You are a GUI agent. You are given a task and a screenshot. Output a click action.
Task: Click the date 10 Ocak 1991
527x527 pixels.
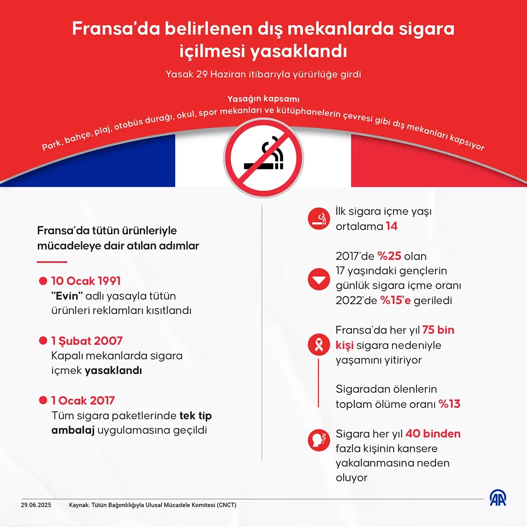point(86,281)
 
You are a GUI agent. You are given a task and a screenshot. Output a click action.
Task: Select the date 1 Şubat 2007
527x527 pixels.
point(87,341)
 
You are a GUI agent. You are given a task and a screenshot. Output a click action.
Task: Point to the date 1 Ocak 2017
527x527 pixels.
point(83,400)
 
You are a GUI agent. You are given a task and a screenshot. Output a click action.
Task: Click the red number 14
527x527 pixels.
point(391,226)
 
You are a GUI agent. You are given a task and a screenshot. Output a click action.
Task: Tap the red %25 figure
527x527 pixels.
point(389,256)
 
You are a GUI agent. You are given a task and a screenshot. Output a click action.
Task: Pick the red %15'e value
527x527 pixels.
point(395,300)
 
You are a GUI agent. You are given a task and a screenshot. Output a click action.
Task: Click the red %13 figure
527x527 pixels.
point(449,404)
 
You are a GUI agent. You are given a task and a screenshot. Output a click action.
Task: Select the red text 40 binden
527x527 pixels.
point(432,433)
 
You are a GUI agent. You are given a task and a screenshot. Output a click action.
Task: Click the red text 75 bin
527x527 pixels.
point(438,330)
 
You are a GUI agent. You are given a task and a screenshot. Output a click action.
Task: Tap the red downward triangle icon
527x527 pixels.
point(319,279)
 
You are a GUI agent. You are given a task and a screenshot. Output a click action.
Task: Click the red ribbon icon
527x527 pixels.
point(319,344)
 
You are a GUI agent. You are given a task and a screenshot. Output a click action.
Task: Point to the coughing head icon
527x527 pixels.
point(319,440)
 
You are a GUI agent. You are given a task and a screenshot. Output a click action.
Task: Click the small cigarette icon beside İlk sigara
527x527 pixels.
point(319,219)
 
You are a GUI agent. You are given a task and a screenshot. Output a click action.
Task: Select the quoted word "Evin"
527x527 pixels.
point(67,296)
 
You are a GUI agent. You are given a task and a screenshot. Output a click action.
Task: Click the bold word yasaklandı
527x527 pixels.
point(113,370)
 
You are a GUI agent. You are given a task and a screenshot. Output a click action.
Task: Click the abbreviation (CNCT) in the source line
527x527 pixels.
point(227,505)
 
